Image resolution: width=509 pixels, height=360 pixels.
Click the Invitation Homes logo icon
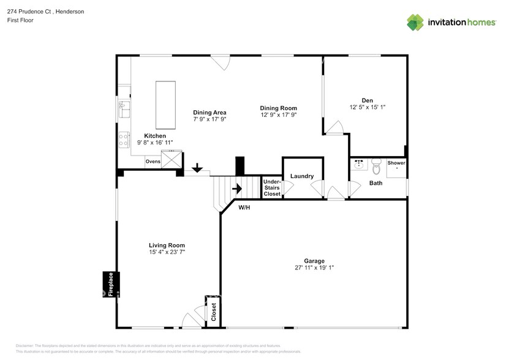[x=416, y=22]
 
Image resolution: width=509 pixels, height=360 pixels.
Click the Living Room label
[x=167, y=245]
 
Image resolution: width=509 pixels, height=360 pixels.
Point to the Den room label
[x=368, y=100]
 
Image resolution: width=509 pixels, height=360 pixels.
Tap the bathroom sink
[x=358, y=165]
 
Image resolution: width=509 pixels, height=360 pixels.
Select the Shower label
[x=396, y=163]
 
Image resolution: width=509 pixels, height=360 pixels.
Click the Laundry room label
[x=302, y=176]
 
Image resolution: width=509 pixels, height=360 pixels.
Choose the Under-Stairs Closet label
[x=271, y=188]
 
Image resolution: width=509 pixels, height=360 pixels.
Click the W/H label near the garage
[x=244, y=208]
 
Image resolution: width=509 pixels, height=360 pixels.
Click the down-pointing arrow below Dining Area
[x=197, y=167]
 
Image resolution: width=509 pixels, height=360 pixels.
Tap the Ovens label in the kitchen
[x=153, y=162]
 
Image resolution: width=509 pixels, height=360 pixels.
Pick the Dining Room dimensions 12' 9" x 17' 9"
[x=279, y=114]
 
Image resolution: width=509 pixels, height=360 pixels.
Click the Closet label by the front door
[x=214, y=312]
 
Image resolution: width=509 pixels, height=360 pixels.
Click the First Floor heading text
[x=20, y=20]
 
